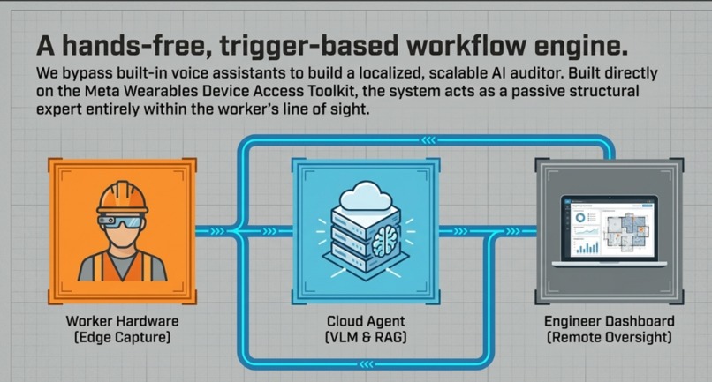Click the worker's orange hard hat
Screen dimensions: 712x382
(x=122, y=198)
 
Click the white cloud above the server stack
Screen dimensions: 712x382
(x=366, y=196)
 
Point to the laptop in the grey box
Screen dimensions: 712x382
(x=609, y=231)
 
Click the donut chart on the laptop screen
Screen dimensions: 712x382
(x=579, y=218)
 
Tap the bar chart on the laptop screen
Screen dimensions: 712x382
(x=587, y=248)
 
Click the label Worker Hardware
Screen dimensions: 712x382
(x=122, y=321)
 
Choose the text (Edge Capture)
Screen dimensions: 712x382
(x=122, y=338)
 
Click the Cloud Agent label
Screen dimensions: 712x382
(x=366, y=321)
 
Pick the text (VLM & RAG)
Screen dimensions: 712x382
(x=366, y=338)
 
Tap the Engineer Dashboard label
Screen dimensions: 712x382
(x=609, y=321)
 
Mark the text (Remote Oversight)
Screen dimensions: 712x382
(x=609, y=338)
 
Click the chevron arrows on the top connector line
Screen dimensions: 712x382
(x=428, y=140)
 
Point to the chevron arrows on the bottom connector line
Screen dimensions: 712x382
(x=367, y=363)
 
